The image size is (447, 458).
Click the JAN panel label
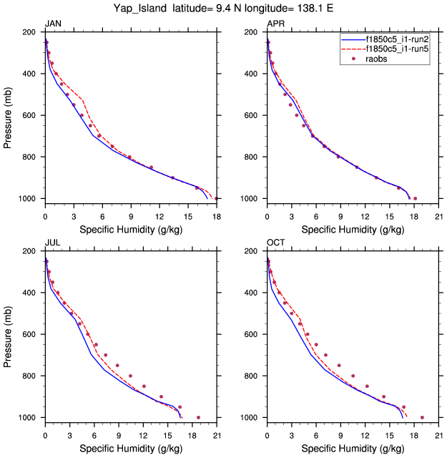53,24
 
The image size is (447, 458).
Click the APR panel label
275,24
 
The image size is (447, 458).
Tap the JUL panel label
52,243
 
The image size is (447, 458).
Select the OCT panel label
275,243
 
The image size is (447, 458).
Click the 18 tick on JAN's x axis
217,209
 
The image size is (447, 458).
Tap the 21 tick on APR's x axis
438,209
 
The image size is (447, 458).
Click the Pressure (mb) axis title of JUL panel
8,333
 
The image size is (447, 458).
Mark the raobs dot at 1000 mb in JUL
198,417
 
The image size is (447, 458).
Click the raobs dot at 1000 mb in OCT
422,417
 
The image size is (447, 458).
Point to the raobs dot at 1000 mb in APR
415,198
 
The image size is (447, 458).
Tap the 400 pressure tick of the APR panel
253,74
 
